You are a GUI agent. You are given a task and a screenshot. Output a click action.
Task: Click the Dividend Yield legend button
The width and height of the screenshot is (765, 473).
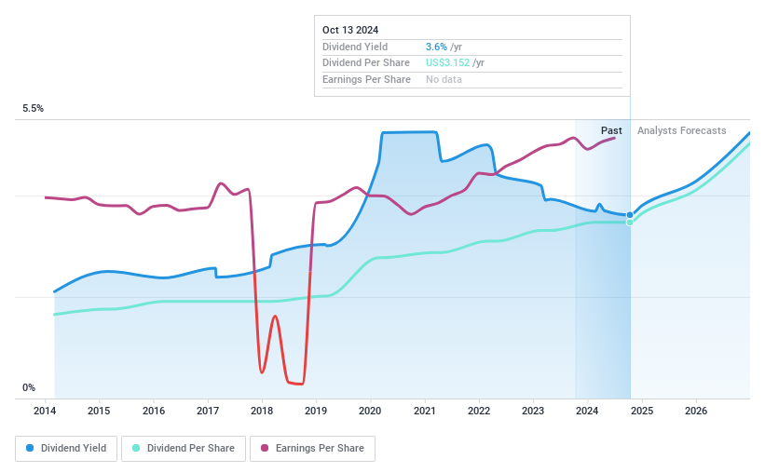[x=66, y=448]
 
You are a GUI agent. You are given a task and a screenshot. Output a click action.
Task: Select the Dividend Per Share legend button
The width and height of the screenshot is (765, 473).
[x=184, y=448]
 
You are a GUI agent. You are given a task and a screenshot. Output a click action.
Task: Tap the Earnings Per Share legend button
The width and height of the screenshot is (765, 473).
[x=312, y=448]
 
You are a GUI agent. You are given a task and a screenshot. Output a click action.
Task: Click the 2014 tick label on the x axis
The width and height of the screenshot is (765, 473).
[x=45, y=411]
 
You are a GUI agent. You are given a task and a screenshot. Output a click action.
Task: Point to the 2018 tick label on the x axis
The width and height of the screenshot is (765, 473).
[x=262, y=411]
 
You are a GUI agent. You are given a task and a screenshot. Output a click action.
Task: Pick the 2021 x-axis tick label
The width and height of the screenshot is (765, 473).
[x=425, y=411]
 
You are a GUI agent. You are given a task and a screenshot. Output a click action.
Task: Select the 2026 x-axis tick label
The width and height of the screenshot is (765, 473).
[x=695, y=411]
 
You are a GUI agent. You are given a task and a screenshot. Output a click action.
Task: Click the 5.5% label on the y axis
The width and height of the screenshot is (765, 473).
[x=34, y=109]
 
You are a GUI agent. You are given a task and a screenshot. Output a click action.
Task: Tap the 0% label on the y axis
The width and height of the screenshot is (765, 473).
[x=29, y=387]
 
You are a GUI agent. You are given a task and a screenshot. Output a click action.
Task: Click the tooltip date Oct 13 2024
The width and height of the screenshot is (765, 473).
[x=350, y=31]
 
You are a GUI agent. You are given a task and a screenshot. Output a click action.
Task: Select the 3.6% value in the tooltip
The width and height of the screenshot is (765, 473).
[x=437, y=47]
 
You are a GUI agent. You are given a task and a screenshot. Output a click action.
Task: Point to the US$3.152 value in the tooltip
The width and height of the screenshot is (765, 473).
[x=447, y=62]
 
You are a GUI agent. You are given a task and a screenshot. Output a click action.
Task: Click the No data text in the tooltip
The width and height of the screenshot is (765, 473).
[x=444, y=79]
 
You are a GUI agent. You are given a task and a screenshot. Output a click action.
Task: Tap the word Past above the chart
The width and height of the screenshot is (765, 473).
[x=611, y=130]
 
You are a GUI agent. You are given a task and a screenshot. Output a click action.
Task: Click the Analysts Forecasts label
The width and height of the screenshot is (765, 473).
[x=681, y=130]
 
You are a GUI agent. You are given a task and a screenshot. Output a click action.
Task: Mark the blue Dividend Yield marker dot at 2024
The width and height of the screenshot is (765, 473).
[x=630, y=215]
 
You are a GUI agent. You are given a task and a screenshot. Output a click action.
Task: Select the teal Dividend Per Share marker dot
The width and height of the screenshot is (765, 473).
[x=630, y=222]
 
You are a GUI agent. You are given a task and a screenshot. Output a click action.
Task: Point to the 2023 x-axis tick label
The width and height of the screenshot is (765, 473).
[x=533, y=411]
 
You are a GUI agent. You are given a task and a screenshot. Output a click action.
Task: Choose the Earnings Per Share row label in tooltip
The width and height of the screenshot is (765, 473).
[x=366, y=79]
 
